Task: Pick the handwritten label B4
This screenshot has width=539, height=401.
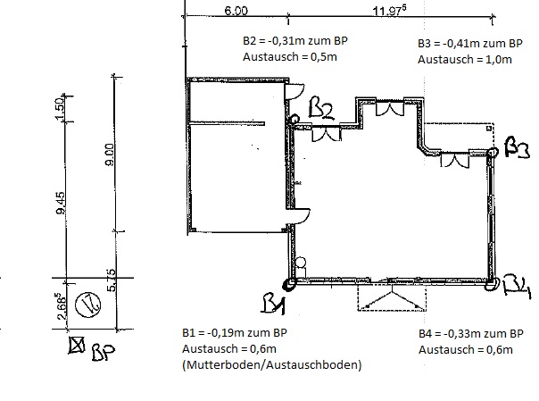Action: (517, 287)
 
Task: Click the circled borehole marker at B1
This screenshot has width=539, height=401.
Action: (290, 285)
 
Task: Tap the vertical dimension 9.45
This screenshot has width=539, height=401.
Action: (62, 213)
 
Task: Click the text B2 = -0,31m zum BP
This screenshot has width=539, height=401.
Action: (294, 41)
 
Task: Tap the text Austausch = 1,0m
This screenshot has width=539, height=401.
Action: (465, 59)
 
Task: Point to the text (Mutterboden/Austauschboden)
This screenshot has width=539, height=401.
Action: (270, 365)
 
